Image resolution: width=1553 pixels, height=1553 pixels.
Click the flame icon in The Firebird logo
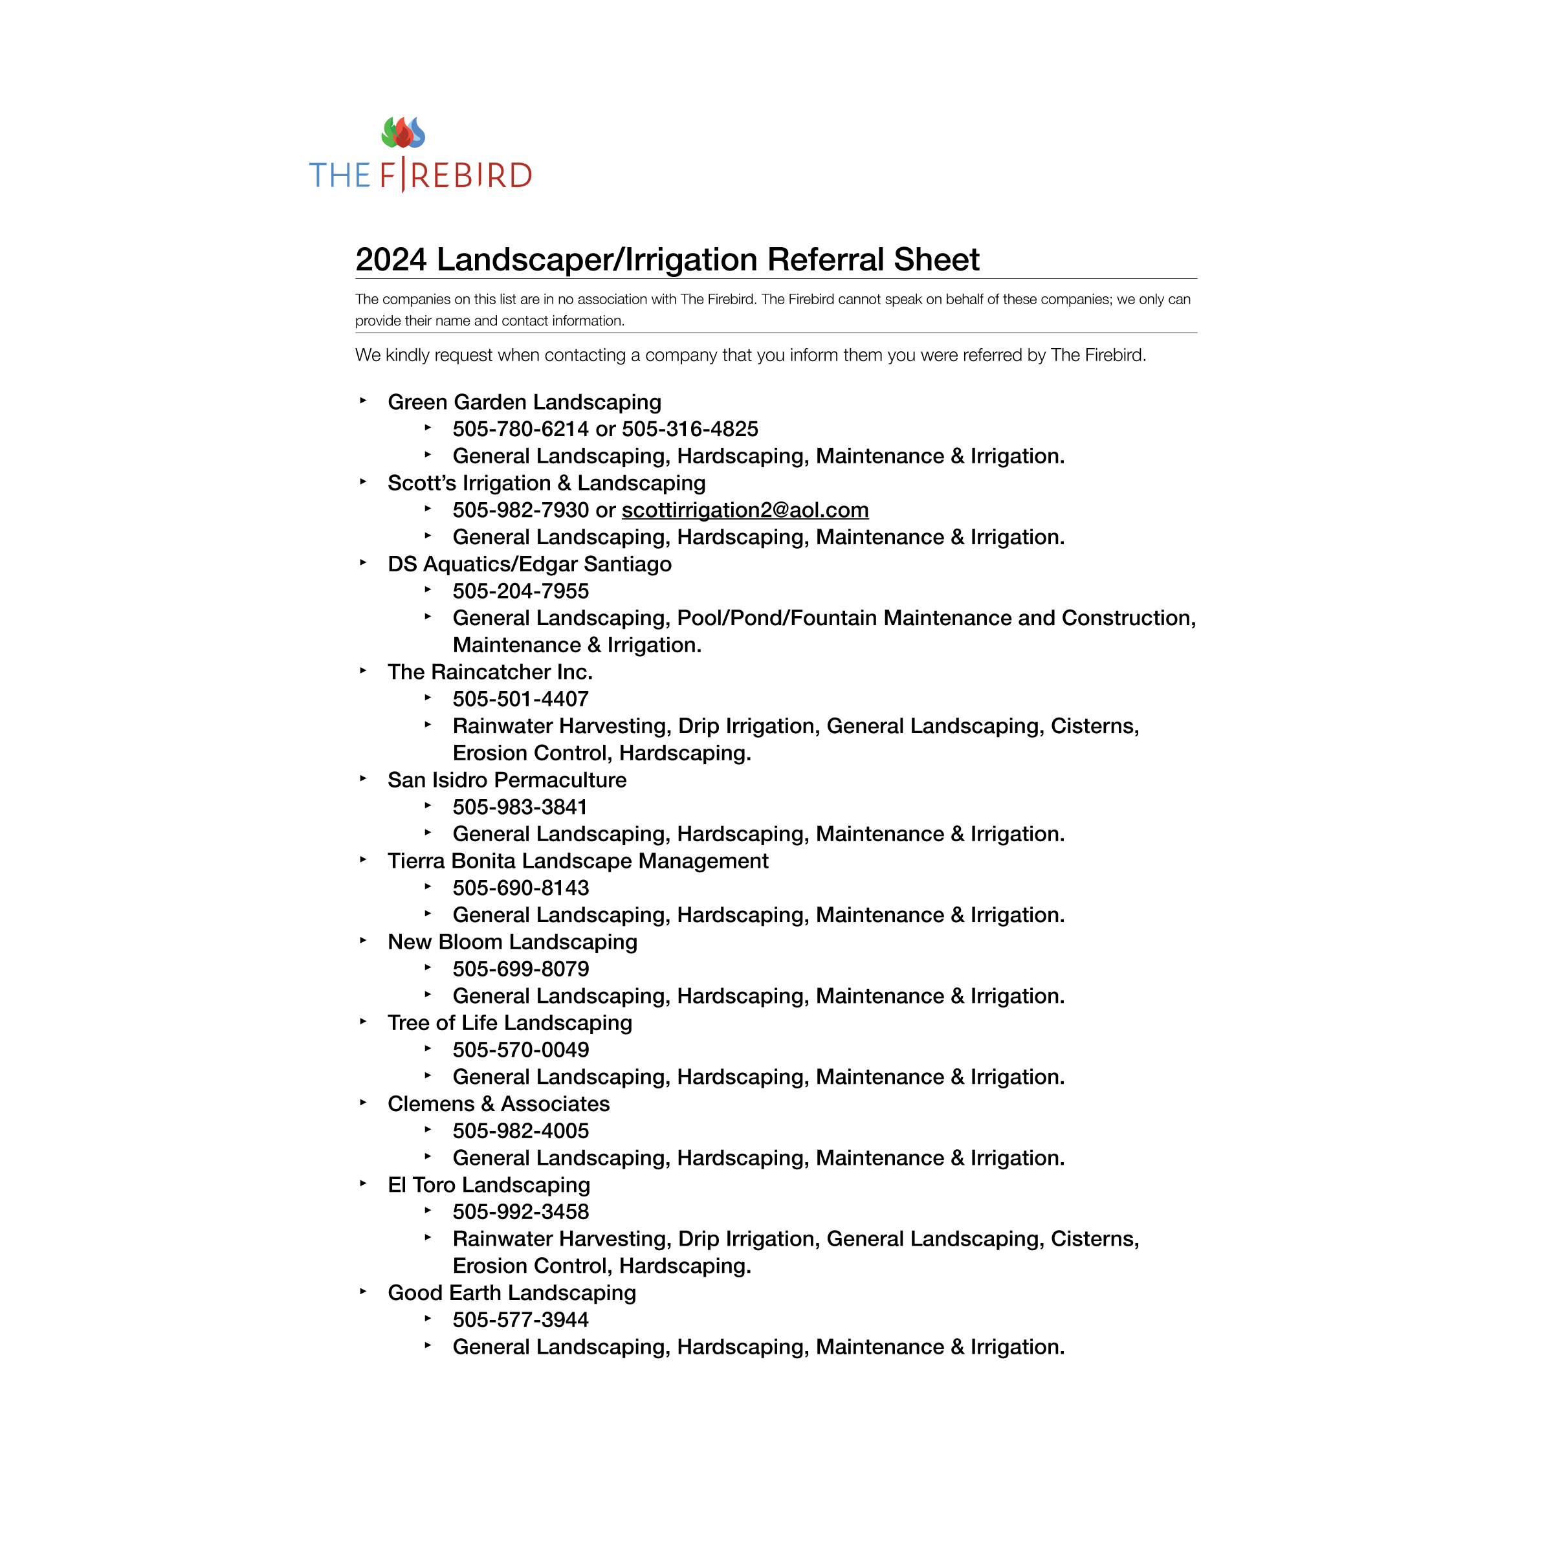point(402,133)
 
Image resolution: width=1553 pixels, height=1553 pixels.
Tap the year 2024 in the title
point(391,259)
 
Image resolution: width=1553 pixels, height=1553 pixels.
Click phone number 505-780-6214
point(520,429)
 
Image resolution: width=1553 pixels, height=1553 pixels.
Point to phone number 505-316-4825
point(690,429)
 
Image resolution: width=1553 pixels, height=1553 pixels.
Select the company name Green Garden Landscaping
point(524,402)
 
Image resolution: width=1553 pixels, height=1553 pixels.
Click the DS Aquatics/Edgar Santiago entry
point(529,564)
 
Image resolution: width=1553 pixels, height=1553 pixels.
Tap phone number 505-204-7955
point(520,591)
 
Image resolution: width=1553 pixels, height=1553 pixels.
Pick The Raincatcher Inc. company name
point(490,672)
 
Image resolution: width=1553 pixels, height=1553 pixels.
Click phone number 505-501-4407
point(520,699)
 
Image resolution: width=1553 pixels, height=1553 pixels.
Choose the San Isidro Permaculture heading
point(507,780)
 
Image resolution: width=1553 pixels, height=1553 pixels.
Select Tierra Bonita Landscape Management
point(577,861)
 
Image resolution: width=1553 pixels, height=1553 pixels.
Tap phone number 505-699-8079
point(520,969)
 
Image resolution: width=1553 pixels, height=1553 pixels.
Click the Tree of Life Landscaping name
point(510,1023)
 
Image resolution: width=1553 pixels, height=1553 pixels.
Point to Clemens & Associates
point(498,1105)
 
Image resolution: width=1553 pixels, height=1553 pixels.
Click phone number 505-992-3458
point(520,1212)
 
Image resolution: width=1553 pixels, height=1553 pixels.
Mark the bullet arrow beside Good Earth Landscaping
point(363,1292)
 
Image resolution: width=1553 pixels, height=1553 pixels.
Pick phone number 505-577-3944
point(520,1320)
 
